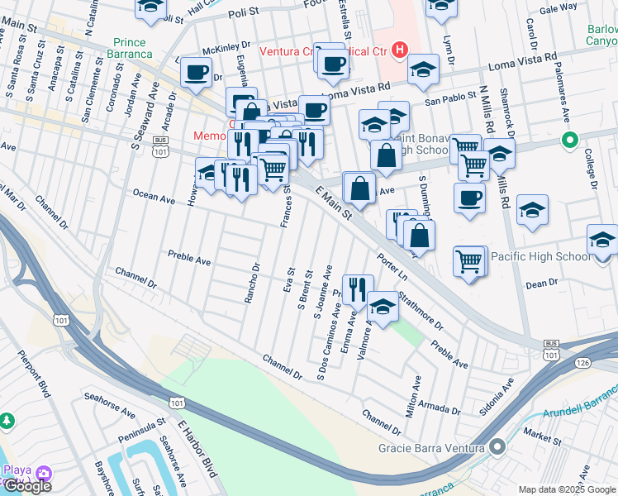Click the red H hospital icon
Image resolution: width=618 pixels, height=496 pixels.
pos(401,50)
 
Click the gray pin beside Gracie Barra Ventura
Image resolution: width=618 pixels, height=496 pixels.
pos(497,447)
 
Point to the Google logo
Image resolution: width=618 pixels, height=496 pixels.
pos(26,486)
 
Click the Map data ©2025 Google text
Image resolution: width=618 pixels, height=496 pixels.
pos(566,489)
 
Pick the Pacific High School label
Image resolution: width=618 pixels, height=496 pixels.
pos(540,256)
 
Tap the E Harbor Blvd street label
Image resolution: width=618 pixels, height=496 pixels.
pos(196,447)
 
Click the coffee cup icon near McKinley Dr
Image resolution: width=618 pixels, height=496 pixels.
pos(196,73)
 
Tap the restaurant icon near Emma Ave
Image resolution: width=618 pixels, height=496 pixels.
pos(357,288)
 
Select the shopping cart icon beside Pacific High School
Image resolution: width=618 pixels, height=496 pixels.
pos(469,260)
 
